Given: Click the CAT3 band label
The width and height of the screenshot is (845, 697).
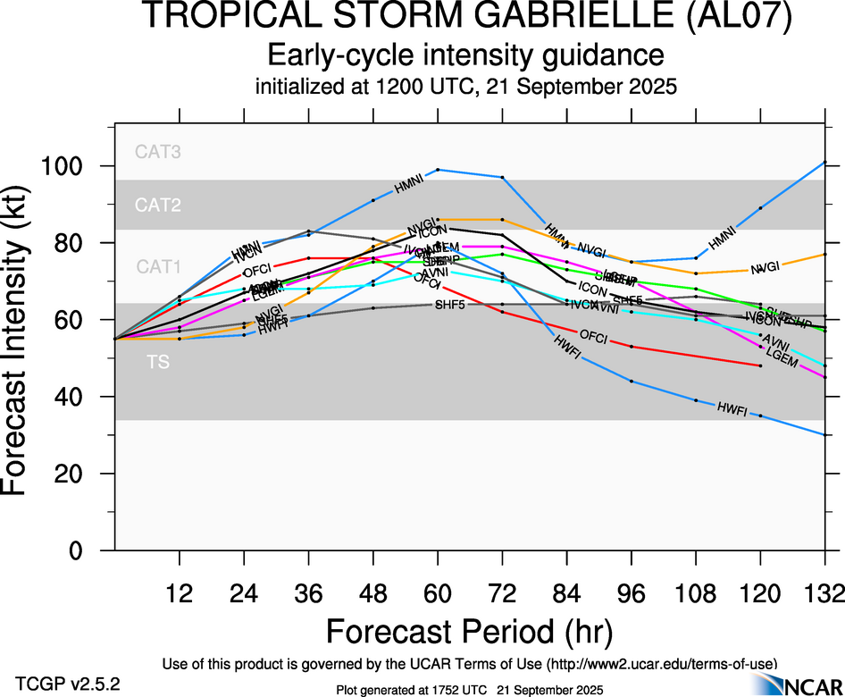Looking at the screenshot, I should tap(158, 152).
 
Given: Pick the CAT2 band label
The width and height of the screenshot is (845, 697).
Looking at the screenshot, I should tap(158, 206).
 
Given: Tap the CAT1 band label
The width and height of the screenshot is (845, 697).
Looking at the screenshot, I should tap(158, 266).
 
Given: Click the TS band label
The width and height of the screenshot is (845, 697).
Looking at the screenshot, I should tap(158, 363).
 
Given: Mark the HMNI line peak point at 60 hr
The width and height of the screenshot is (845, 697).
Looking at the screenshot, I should tap(438, 169).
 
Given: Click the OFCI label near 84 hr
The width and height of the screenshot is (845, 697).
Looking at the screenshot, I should tap(594, 337).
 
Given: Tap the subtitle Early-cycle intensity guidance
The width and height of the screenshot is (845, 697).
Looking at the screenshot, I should tap(465, 55).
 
